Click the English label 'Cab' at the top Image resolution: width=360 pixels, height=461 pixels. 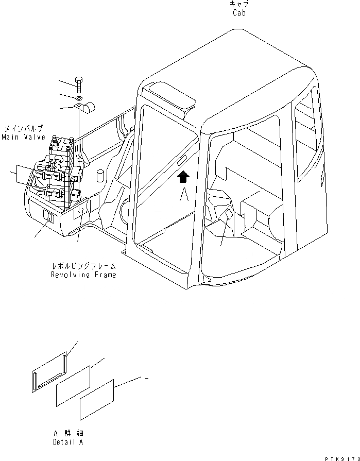238,13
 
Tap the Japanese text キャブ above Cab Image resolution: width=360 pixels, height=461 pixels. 238,4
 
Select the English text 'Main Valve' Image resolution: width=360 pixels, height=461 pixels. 23,138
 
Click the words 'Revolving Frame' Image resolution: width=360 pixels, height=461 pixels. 83,275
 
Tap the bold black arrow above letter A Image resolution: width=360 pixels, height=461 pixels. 183,177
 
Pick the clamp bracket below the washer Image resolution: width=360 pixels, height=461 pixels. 85,108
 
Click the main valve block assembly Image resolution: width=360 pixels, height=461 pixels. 57,173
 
